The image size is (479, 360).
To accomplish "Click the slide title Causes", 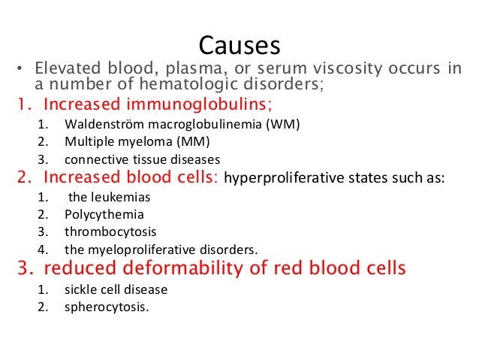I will click(x=238, y=46).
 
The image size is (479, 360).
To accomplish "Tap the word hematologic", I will click(x=191, y=85).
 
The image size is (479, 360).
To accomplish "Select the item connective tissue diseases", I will click(x=142, y=159).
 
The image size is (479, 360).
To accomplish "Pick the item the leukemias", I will click(x=110, y=198).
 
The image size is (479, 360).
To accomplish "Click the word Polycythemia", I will click(x=104, y=215).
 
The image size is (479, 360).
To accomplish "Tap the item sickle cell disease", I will click(x=116, y=289).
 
